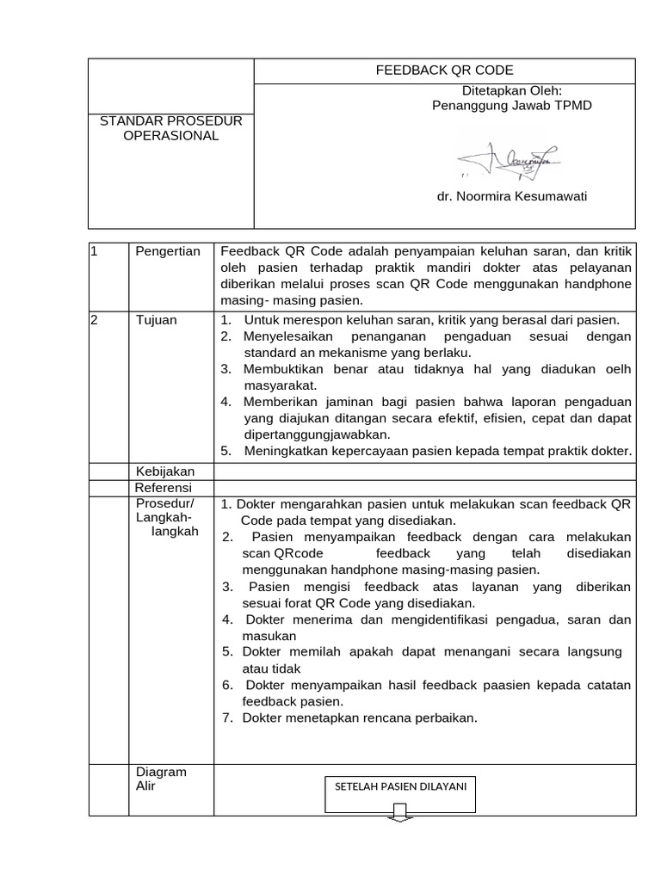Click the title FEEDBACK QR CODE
(x=444, y=71)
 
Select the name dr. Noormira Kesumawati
(x=511, y=196)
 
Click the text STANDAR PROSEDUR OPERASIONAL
(x=171, y=128)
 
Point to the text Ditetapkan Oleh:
(x=511, y=90)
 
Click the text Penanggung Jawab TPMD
(x=511, y=105)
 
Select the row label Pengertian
(x=168, y=251)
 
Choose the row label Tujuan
(x=156, y=320)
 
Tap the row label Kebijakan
(x=165, y=471)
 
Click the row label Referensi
(x=164, y=487)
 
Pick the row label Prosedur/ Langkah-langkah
(x=165, y=517)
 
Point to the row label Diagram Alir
(x=161, y=779)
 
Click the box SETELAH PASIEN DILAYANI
(x=401, y=797)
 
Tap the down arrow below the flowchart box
(x=402, y=813)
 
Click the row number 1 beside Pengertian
(x=95, y=251)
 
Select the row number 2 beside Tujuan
(x=95, y=320)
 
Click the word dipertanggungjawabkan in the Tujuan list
(x=318, y=434)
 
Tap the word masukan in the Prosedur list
(x=269, y=636)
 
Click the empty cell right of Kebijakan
(x=424, y=471)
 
